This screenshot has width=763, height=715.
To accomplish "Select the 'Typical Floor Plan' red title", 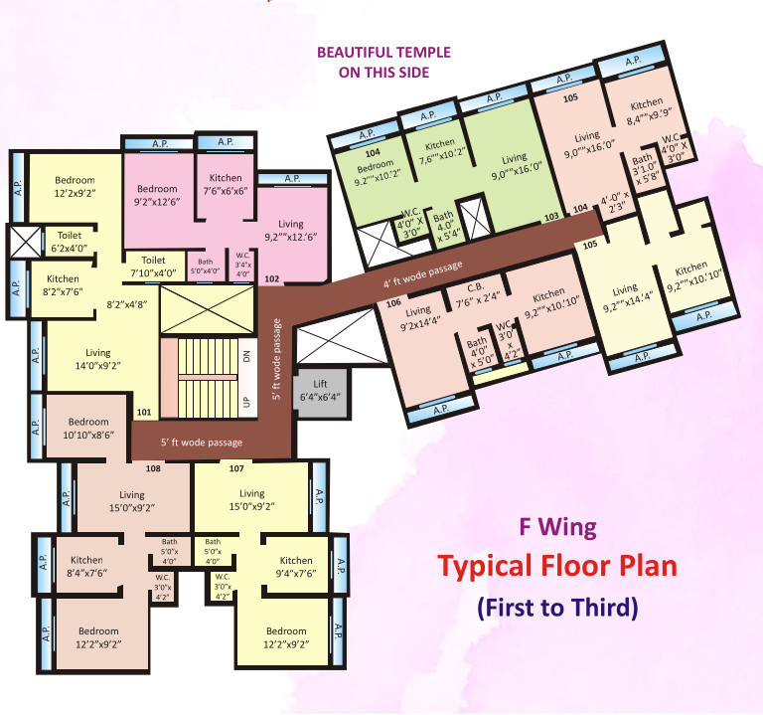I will tap(557, 567).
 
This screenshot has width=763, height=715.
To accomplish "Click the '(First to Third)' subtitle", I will tap(557, 606).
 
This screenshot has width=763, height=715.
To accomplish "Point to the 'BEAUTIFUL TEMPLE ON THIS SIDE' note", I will tap(382, 62).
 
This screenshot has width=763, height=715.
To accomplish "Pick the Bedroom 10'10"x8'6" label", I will tap(88, 428).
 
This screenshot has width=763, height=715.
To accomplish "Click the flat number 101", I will tap(144, 412).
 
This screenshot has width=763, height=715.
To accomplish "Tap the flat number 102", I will tap(271, 280).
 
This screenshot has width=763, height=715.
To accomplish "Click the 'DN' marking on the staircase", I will tap(246, 357).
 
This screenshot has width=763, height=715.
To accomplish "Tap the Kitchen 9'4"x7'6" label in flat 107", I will tap(296, 566).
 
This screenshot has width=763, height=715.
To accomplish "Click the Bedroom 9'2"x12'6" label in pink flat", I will tap(157, 195).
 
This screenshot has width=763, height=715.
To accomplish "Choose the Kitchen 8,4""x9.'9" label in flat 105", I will tap(646, 108).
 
